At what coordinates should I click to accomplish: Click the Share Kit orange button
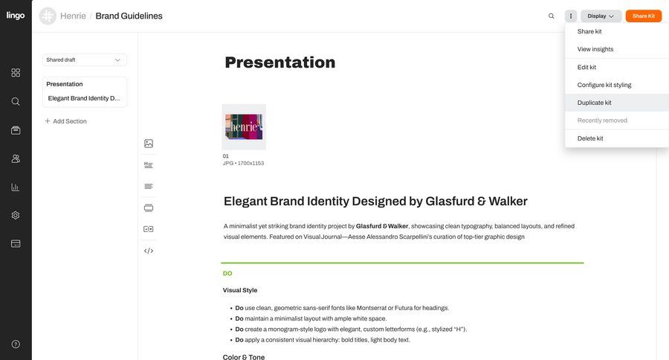click(643, 16)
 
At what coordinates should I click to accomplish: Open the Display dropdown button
click(601, 16)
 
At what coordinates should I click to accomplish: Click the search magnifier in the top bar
click(551, 16)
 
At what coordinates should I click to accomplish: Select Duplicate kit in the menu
click(595, 103)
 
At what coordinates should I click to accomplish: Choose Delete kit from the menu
click(590, 138)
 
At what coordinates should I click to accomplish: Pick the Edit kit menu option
click(586, 67)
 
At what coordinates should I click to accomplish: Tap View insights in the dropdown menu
click(595, 49)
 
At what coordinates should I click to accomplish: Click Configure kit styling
click(604, 85)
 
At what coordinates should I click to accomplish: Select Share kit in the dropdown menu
click(589, 31)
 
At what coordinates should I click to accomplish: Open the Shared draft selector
click(84, 60)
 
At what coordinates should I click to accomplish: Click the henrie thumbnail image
click(244, 127)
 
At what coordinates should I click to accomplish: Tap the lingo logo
click(16, 16)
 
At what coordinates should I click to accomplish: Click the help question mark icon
click(16, 344)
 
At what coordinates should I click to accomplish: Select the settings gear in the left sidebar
click(16, 215)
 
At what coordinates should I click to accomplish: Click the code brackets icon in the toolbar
click(149, 251)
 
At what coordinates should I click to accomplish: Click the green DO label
click(227, 273)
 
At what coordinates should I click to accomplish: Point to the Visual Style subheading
click(240, 290)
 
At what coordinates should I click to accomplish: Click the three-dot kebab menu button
click(571, 16)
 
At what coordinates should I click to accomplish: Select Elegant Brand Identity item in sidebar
click(84, 98)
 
